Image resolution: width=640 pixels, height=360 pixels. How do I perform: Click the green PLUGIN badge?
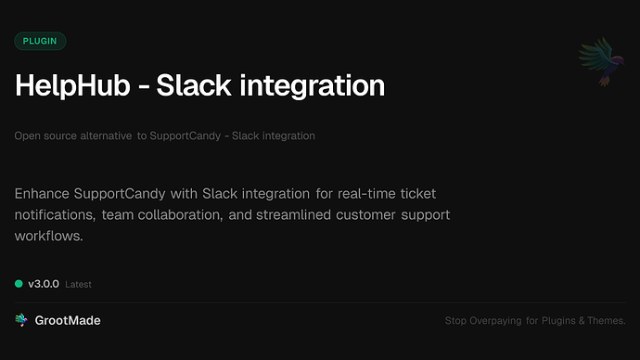40,41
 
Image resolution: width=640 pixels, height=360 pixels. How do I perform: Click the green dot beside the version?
19,284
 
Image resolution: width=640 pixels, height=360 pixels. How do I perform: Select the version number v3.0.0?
44,284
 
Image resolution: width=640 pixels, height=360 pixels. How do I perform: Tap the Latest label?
79,285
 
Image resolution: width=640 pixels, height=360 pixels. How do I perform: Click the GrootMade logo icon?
20,320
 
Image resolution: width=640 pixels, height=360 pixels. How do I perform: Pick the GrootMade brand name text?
67,320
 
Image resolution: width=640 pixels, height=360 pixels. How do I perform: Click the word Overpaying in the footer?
493,321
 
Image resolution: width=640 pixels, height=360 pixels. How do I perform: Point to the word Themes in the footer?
607,321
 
